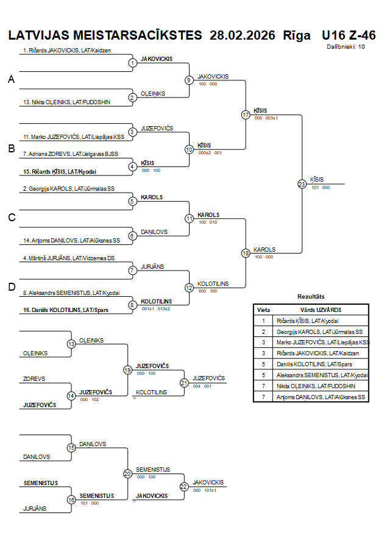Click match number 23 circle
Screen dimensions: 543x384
tap(302, 184)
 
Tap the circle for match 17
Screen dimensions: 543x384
tap(246, 115)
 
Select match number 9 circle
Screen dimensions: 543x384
tap(189, 80)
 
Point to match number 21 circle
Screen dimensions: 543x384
tap(184, 383)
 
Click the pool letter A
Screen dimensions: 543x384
tap(10, 80)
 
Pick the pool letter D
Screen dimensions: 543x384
tap(10, 287)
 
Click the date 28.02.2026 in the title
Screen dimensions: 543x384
tap(242, 35)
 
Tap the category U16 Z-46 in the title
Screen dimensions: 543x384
tap(349, 35)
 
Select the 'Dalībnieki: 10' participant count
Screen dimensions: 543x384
tap(346, 46)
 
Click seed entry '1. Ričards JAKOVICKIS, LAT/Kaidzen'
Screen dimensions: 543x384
tap(67, 51)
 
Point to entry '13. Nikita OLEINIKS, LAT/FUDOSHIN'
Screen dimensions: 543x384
tap(66, 102)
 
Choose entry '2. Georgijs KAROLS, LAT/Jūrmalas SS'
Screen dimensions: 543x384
tap(69, 189)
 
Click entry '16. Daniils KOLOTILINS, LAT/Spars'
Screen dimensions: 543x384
tap(65, 310)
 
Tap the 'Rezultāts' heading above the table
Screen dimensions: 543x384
tap(310, 296)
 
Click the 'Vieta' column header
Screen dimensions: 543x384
tap(263, 310)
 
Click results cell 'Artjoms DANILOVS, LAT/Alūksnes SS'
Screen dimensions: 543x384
tap(321, 397)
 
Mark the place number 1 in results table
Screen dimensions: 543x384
tap(263, 321)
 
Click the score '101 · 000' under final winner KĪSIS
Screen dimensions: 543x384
tap(321, 188)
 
